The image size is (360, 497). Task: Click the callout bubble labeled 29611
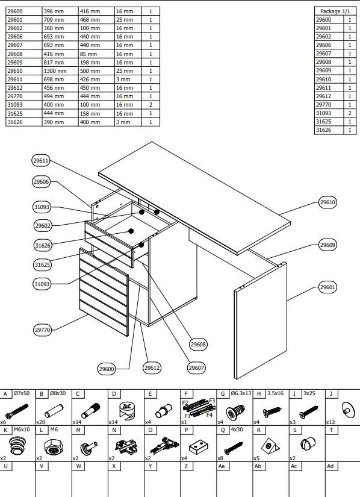click(x=41, y=161)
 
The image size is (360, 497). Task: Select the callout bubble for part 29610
click(x=327, y=202)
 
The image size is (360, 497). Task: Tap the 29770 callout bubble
click(x=42, y=330)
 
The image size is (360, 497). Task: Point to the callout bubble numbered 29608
click(x=198, y=344)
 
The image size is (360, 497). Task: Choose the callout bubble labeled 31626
click(x=42, y=245)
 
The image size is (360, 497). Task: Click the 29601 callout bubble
click(x=327, y=287)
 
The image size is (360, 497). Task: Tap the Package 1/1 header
click(x=335, y=11)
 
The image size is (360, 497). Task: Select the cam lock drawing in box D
click(x=126, y=409)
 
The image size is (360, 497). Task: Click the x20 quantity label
click(x=41, y=422)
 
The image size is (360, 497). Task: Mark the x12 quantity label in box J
click(x=331, y=422)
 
